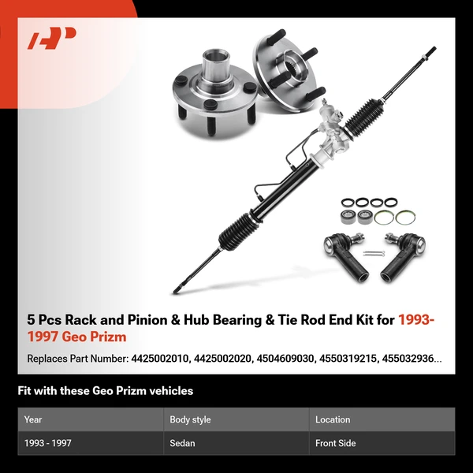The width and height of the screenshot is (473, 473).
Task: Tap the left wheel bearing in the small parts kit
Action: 345,215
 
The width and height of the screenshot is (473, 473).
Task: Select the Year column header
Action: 33,419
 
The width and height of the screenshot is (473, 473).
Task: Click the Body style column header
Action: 190,419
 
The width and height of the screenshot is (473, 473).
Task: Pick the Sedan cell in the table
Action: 182,443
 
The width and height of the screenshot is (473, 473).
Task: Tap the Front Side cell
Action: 335,443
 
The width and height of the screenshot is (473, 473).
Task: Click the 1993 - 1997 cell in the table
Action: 48,443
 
